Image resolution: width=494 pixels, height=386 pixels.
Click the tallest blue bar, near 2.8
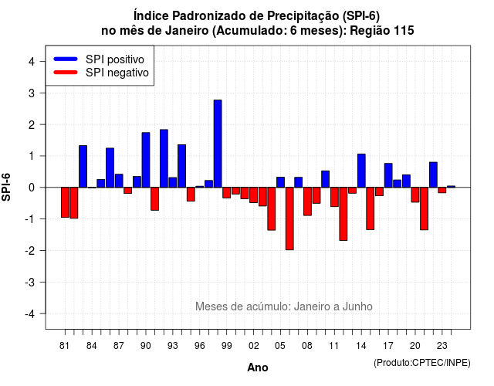pos(218,144)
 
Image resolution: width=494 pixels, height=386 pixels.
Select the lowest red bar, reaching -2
pos(289,218)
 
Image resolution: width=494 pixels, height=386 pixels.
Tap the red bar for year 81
pos(65,202)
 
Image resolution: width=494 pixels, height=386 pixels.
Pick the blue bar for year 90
pos(146,160)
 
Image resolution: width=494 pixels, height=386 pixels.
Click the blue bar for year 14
pos(361,171)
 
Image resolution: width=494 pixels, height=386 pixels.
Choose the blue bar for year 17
pos(388,175)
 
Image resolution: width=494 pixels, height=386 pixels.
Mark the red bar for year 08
pos(307,201)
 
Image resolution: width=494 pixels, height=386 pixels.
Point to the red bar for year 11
pos(334,197)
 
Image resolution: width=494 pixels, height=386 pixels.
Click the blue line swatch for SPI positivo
pos(66,59)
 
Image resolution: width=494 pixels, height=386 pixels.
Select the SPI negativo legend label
pos(117,73)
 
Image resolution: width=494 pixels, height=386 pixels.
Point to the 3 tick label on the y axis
pos(32,93)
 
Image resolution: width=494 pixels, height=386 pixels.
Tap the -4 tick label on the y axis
pos(30,313)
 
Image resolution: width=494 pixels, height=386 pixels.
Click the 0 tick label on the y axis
pos(32,188)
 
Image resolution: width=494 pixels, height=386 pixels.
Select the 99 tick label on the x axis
pos(226,346)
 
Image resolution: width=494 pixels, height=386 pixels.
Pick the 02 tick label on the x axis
pos(254,346)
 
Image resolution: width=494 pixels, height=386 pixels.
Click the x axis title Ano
pos(257,367)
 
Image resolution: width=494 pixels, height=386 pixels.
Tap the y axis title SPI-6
pos(6,187)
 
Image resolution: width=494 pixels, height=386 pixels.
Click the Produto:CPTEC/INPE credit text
pos(422,363)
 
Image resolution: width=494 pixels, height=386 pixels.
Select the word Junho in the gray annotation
pos(357,306)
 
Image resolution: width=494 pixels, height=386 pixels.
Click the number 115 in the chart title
pos(404,31)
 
